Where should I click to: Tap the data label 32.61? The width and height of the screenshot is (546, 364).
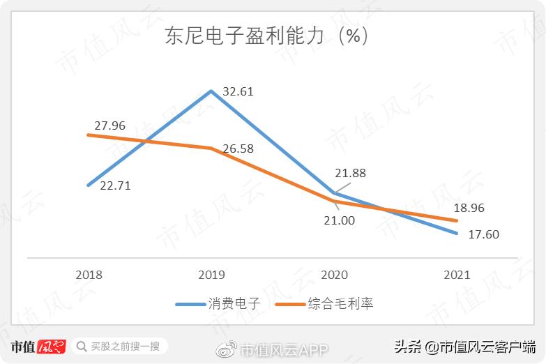click(x=238, y=91)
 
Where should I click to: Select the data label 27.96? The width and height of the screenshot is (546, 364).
click(x=109, y=126)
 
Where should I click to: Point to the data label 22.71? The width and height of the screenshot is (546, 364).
click(x=115, y=185)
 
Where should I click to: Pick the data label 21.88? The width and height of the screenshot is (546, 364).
click(x=350, y=173)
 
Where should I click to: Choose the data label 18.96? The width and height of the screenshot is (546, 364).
click(x=469, y=208)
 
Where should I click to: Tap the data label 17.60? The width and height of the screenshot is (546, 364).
click(x=483, y=234)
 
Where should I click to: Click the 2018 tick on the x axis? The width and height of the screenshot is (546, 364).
click(x=88, y=275)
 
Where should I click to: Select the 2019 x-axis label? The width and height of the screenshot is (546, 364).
click(x=211, y=275)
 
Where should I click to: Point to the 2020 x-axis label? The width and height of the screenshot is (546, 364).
click(x=334, y=275)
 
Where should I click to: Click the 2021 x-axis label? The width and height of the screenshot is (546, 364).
click(x=457, y=275)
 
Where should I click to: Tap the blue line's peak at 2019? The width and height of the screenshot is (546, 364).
click(x=211, y=91)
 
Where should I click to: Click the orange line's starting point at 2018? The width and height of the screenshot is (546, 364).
click(x=88, y=135)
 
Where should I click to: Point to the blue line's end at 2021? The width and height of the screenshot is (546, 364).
click(x=457, y=233)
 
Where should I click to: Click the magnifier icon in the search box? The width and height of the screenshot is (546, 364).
click(x=82, y=346)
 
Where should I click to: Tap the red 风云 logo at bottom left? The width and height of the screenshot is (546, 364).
click(x=52, y=346)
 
